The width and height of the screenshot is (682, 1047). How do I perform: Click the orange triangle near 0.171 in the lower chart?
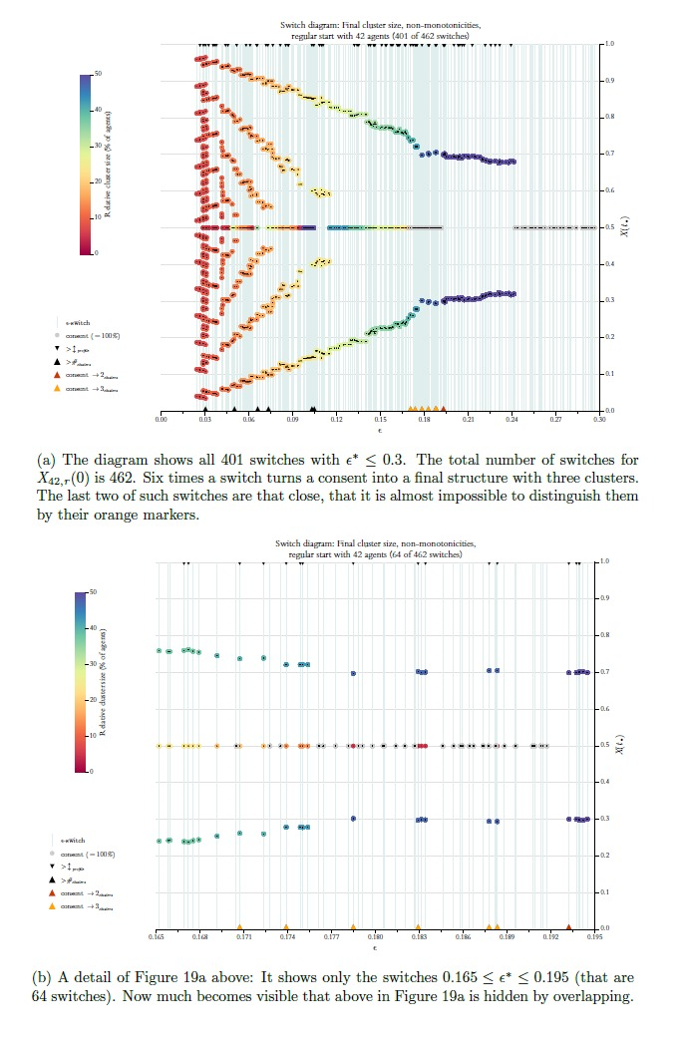[239, 926]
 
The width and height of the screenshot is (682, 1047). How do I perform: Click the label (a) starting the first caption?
[46, 460]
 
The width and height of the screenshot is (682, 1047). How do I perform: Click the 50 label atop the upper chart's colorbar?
[97, 75]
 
